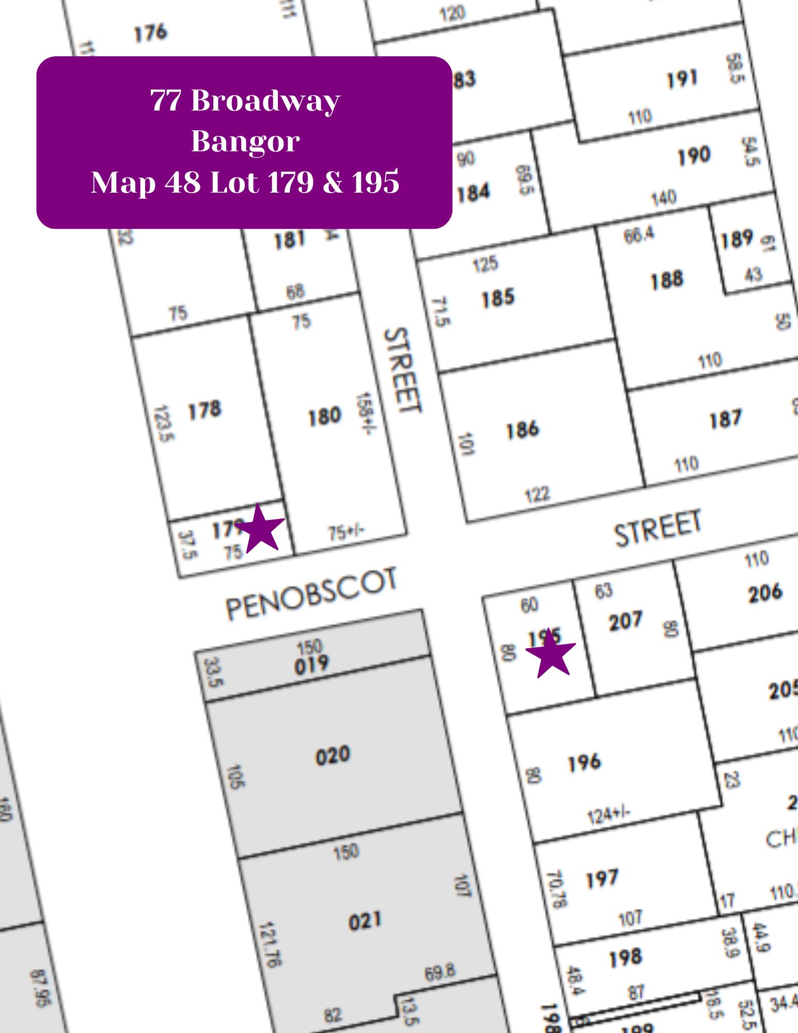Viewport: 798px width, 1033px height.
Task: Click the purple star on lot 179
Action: tap(261, 529)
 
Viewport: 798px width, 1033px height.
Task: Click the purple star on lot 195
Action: tap(551, 654)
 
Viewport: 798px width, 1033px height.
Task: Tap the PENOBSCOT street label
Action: tap(312, 594)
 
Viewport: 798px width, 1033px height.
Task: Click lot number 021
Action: tap(365, 921)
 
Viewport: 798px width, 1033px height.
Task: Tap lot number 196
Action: tap(585, 763)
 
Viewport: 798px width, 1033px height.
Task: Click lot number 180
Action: tap(324, 416)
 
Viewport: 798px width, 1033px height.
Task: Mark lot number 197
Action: tap(602, 879)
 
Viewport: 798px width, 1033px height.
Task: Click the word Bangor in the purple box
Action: tap(245, 141)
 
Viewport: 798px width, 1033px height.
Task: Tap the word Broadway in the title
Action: tap(265, 100)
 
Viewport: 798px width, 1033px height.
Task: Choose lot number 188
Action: tap(666, 280)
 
